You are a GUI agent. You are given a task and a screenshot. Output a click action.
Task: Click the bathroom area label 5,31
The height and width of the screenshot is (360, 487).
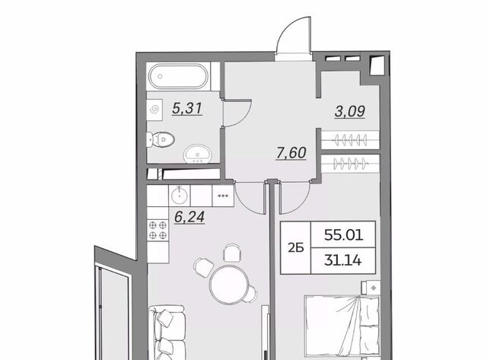pyautogui.click(x=187, y=108)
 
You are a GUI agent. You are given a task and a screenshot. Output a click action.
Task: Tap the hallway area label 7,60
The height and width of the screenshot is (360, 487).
pyautogui.click(x=291, y=153)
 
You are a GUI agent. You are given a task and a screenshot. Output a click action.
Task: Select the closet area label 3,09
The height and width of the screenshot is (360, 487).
pyautogui.click(x=350, y=111)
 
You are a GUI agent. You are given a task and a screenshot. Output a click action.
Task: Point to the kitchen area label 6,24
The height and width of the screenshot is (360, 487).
pyautogui.click(x=189, y=217)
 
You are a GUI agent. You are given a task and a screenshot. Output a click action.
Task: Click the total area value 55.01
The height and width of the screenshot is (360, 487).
pyautogui.click(x=343, y=235)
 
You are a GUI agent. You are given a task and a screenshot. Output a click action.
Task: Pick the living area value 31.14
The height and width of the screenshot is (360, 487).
pyautogui.click(x=343, y=260)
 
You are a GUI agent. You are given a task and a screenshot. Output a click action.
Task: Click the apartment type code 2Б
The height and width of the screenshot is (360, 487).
pyautogui.click(x=296, y=248)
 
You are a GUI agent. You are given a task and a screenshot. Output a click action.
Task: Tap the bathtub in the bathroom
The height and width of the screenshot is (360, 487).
pyautogui.click(x=178, y=76)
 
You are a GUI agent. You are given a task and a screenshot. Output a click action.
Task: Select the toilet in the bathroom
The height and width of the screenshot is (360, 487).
pyautogui.click(x=161, y=140)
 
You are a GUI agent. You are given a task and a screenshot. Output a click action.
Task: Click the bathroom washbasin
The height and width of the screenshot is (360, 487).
pyautogui.click(x=198, y=154)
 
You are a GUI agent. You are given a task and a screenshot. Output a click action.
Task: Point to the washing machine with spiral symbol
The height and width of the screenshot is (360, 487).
pyautogui.click(x=154, y=110)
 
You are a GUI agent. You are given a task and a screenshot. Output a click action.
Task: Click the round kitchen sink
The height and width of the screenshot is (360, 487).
pyautogui.click(x=180, y=196)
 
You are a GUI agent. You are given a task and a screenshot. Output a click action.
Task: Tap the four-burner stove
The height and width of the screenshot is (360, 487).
pyautogui.click(x=158, y=230)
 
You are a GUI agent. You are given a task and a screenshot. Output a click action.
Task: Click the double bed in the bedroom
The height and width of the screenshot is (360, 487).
pyautogui.click(x=342, y=327)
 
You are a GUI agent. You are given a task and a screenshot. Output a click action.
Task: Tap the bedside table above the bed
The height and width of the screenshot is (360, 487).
pyautogui.click(x=373, y=288)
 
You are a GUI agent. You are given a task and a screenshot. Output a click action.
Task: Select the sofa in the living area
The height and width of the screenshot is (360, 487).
pyautogui.click(x=167, y=333)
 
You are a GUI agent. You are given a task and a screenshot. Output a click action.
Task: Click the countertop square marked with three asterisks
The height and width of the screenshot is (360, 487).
pyautogui.click(x=223, y=196)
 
